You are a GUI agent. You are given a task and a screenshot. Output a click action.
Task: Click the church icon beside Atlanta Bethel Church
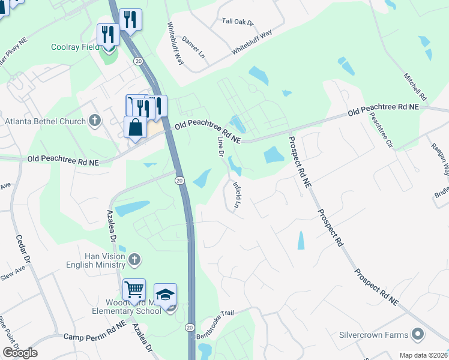coord(94,121)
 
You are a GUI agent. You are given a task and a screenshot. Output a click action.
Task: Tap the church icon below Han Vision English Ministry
coord(134,260)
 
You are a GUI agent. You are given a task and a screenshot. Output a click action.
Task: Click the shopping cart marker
coord(134,289)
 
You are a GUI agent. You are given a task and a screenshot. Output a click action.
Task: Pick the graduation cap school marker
coord(165,294)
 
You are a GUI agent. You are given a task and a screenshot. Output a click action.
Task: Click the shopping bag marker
coord(135,127)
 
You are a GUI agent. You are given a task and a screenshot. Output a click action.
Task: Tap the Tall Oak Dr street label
coord(238,22)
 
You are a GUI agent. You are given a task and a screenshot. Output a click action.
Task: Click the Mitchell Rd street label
coord(415,87)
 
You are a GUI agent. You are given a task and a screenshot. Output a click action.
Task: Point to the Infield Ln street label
coord(237,195)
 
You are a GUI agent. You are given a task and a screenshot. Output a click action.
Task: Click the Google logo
coord(19,353)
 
